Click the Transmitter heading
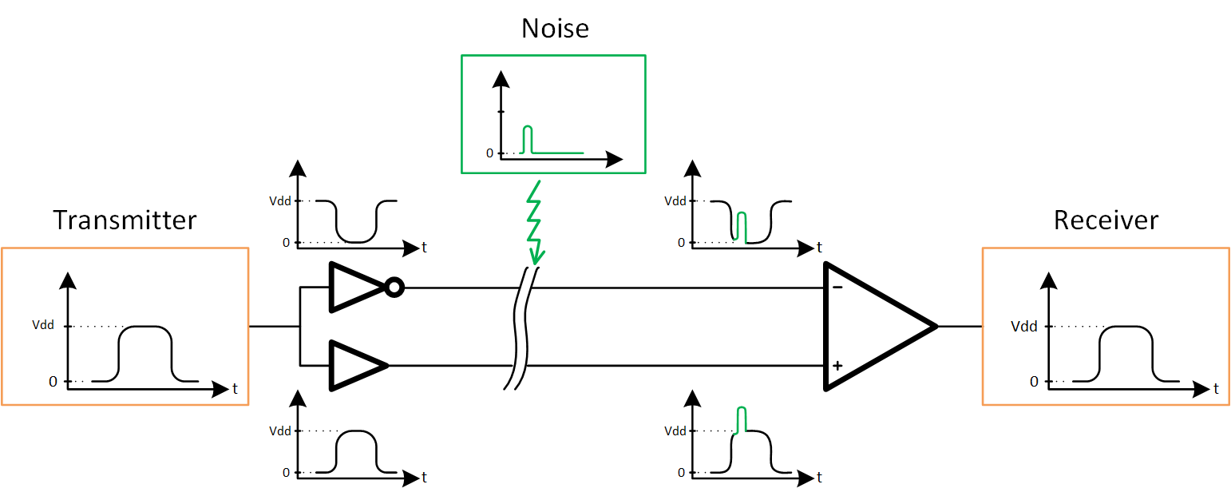pos(125,220)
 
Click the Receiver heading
pos(1106,220)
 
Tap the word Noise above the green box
pos(555,29)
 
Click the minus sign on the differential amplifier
pos(836,287)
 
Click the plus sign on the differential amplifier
pos(837,366)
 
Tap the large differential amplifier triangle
pos(874,326)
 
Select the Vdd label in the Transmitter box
pos(43,326)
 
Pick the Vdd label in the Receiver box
pos(1024,326)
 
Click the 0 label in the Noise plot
pos(489,153)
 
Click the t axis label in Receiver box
pos(1216,390)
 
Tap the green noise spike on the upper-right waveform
pos(742,226)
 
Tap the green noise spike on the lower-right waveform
pos(742,420)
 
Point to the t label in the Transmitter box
pos(235,390)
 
